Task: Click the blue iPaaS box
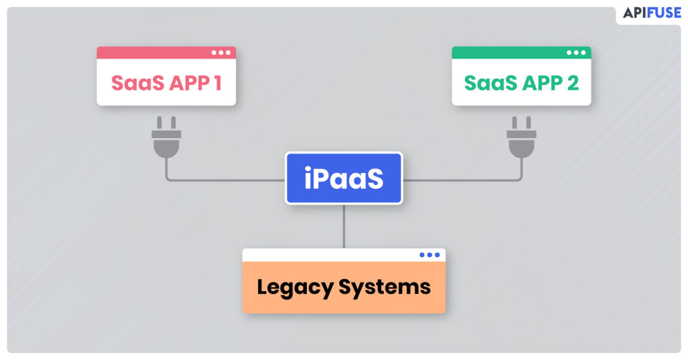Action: pos(344,178)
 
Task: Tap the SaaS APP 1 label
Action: pos(166,83)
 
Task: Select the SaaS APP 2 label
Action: pos(521,83)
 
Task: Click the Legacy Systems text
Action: pos(343,287)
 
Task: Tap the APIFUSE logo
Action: pos(652,13)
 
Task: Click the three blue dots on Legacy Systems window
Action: pos(429,255)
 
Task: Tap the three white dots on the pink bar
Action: pos(221,53)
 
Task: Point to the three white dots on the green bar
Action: pos(576,53)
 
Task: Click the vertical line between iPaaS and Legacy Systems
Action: pos(344,226)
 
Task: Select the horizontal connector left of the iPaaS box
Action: pos(229,180)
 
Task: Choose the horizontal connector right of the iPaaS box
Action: pos(459,180)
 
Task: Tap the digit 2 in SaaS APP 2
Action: pos(572,83)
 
